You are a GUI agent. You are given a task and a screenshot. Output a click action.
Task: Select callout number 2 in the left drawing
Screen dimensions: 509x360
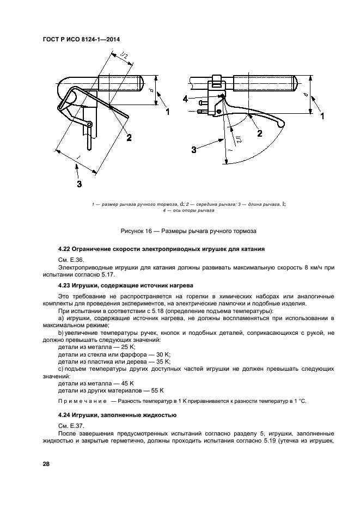(x=129, y=138)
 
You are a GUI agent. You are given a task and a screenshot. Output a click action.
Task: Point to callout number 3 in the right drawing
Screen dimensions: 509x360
(x=193, y=149)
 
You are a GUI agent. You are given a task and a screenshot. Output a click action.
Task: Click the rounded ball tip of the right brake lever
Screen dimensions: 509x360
(x=281, y=125)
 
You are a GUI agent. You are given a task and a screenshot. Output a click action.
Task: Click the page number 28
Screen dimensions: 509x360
(x=46, y=464)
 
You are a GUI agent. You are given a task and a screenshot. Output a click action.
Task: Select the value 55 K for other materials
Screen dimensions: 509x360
(x=157, y=390)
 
